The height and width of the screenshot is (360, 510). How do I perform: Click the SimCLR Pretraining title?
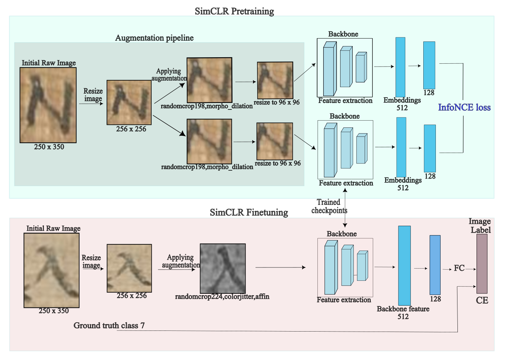coord(234,11)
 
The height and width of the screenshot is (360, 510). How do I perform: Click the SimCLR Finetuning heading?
coord(249,212)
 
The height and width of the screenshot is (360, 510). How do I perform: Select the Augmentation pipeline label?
coord(154,38)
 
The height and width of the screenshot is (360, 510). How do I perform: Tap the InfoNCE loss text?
coord(464,107)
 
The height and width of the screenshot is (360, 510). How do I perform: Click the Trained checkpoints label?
coord(329,206)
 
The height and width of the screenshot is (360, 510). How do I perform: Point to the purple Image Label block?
coord(482,264)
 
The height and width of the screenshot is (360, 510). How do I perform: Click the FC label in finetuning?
coord(459,268)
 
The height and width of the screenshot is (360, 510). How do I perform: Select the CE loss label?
coord(482,301)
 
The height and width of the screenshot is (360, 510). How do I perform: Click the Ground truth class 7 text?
coord(109,325)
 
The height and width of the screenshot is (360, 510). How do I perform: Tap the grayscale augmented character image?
coord(223,269)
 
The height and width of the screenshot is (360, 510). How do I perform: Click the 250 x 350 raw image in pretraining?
coord(48,105)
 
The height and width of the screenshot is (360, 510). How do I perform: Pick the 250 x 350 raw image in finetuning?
coord(51,270)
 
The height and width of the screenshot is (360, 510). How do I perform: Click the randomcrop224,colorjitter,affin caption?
coord(222,297)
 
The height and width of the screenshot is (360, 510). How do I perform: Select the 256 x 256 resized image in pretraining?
coord(129,103)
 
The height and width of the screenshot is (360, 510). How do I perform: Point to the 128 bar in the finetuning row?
coord(435,265)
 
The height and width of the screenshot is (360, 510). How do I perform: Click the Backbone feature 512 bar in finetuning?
coord(404,266)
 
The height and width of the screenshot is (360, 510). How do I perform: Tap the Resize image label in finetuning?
coord(91,261)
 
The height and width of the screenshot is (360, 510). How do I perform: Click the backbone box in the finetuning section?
coord(345,267)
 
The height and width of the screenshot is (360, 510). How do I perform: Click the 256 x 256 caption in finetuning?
coord(132,296)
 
